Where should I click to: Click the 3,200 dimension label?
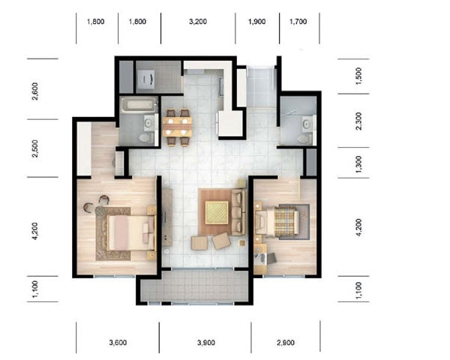point(198,22)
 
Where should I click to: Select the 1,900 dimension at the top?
point(256,22)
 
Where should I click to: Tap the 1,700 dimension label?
point(298,22)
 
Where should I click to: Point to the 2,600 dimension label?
point(35,91)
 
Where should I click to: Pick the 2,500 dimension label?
point(35,148)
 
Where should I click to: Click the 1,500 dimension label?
point(358,76)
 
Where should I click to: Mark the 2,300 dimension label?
point(358,121)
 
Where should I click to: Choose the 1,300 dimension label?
point(358,164)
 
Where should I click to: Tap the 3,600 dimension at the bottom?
point(118,342)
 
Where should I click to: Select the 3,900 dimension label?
point(206,342)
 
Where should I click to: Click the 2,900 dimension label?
point(286,342)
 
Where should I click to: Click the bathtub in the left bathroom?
point(139,105)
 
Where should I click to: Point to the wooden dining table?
point(177,127)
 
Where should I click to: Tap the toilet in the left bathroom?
point(147,138)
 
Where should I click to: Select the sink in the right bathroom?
point(307,124)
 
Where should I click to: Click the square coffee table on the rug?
point(217,212)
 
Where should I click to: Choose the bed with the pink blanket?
point(130,232)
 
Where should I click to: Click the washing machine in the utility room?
point(146,79)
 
